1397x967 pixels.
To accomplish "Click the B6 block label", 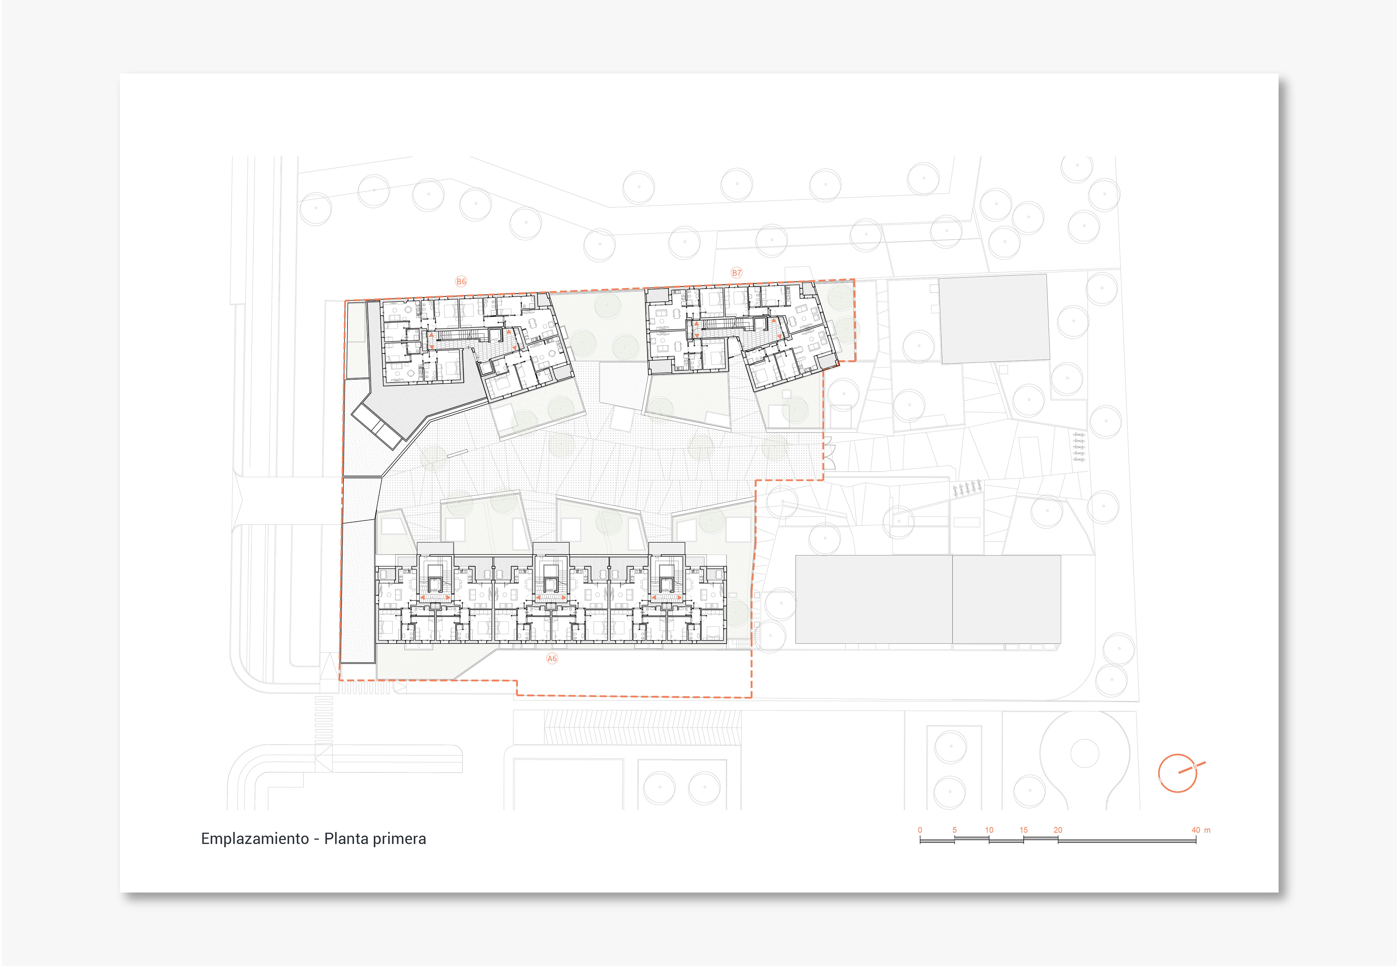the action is click(461, 281).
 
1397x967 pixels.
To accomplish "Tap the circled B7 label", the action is click(736, 273).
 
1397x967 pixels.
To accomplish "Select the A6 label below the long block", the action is click(552, 659).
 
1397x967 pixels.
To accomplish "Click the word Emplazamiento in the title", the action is click(255, 839).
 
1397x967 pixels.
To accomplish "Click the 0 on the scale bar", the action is click(920, 830).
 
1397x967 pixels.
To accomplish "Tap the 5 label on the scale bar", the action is click(955, 830).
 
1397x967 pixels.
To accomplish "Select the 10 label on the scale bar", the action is click(989, 830).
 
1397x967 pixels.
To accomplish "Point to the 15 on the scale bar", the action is click(1024, 830).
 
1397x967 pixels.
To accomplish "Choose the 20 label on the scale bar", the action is click(1058, 830).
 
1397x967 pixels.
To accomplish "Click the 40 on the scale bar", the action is click(1196, 830).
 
